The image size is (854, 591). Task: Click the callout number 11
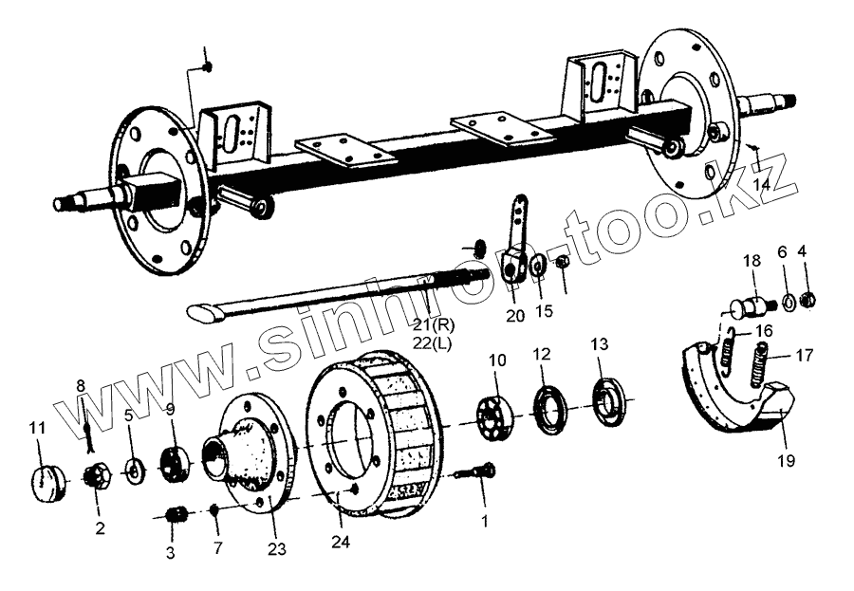pyautogui.click(x=37, y=429)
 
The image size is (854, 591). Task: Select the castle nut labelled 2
pyautogui.click(x=97, y=474)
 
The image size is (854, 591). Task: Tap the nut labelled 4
pyautogui.click(x=808, y=302)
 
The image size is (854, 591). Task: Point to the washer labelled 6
pyautogui.click(x=785, y=304)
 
